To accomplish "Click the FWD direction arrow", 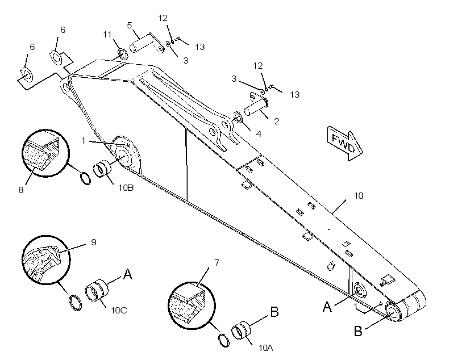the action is (x=345, y=143).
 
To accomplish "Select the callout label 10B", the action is (x=126, y=188).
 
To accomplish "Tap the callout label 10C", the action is (x=119, y=311).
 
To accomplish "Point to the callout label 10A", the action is (x=266, y=348).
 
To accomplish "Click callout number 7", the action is (x=217, y=262).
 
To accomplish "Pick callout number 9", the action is (x=94, y=242).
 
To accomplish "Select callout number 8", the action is (x=21, y=190).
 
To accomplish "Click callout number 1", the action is (x=84, y=140).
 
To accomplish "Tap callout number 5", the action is (x=129, y=25).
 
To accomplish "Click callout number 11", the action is (x=107, y=35).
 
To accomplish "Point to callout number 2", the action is (x=277, y=121).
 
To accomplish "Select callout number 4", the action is (x=259, y=134).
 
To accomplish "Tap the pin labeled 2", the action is (x=256, y=106).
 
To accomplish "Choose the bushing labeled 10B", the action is (x=102, y=169).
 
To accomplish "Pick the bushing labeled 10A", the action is (x=240, y=330).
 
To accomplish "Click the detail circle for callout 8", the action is (x=46, y=153).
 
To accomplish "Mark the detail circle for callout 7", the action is (x=192, y=305).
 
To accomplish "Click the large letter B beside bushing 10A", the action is (x=274, y=312).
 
